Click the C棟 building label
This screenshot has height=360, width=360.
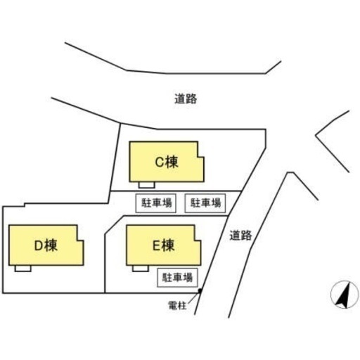167,162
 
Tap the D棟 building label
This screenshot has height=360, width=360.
46,245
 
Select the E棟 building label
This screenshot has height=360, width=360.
164,245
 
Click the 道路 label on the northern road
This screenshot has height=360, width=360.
186,99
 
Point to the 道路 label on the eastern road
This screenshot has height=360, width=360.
240,236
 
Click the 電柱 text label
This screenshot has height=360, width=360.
177,306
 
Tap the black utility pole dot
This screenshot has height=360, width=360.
200,290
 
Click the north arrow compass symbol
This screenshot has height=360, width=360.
345,295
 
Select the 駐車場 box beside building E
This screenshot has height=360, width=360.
177,278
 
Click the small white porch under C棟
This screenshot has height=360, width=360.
146,185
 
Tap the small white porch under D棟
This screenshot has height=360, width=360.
22,269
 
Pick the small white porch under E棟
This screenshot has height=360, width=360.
141,269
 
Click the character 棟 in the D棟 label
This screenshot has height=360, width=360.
51,245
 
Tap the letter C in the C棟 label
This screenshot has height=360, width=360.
160,162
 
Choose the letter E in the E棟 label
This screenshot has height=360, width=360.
156,245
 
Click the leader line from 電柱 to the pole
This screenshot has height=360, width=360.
193,297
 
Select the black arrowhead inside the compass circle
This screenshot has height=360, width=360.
344,296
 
